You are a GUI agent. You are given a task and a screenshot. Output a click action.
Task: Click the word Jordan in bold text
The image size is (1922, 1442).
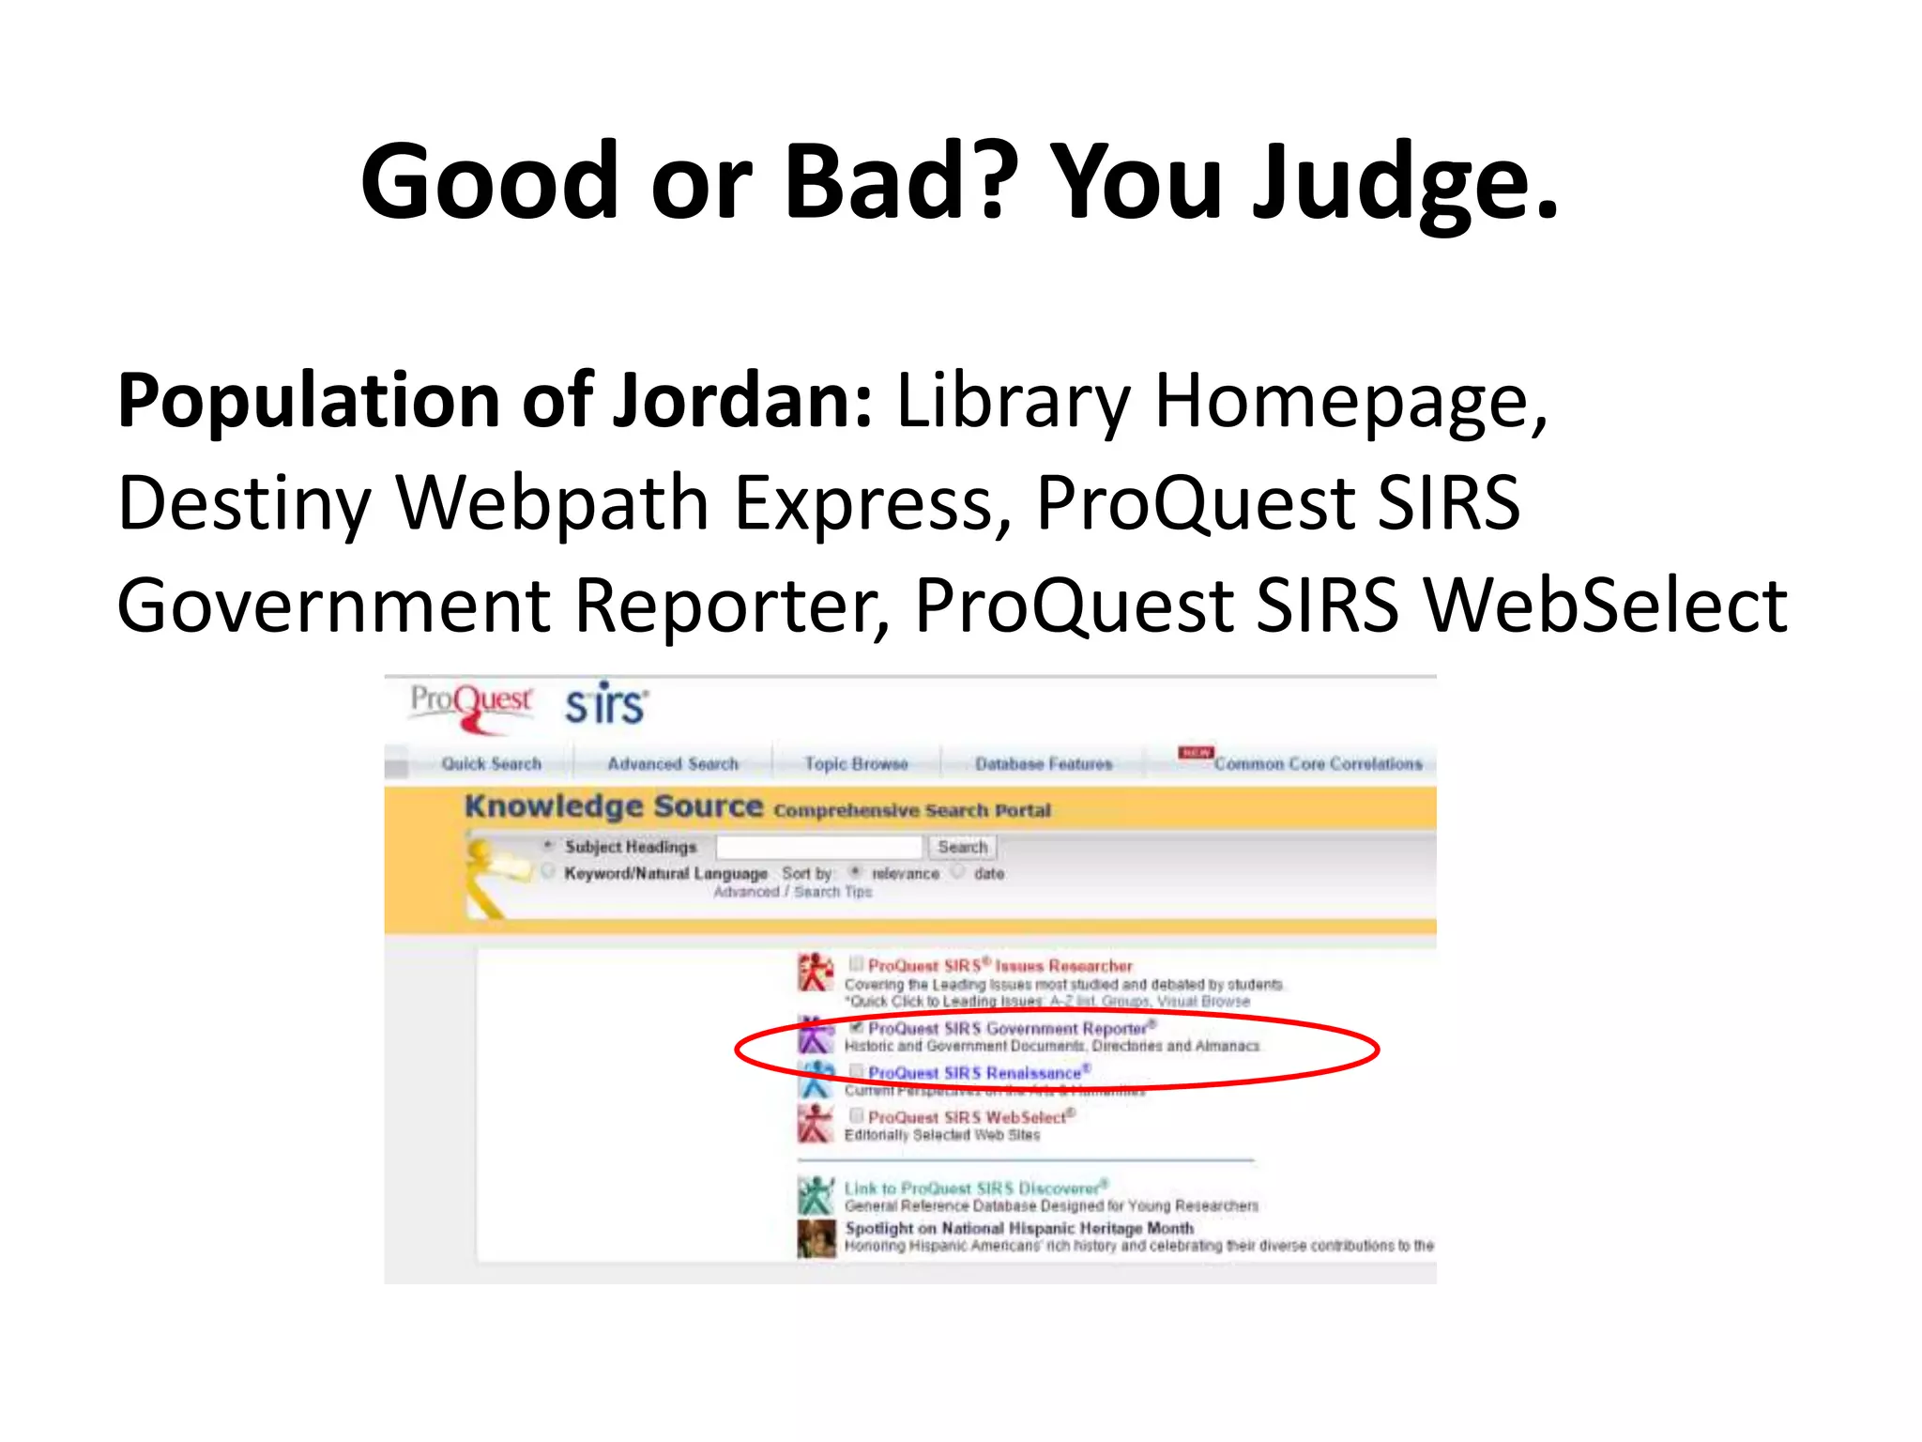click(742, 402)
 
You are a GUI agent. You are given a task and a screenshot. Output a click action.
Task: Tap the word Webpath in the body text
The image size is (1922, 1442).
click(551, 504)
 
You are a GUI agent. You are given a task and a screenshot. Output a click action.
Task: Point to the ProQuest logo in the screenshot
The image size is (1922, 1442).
click(472, 705)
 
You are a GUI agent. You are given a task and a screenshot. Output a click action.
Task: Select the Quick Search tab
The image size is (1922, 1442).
click(491, 764)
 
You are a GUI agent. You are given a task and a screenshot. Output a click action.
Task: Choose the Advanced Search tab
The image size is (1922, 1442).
click(673, 764)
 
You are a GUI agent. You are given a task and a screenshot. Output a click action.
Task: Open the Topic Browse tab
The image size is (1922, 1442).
click(856, 764)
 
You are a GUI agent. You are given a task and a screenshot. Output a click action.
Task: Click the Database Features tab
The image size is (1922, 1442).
click(1044, 764)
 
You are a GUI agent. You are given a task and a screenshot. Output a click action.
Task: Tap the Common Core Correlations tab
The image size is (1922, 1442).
click(1318, 764)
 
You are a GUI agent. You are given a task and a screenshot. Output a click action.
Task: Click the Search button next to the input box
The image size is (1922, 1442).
click(963, 847)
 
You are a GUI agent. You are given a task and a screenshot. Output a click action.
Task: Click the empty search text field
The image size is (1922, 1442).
click(818, 847)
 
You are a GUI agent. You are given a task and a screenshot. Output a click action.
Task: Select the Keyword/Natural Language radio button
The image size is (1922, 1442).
click(548, 872)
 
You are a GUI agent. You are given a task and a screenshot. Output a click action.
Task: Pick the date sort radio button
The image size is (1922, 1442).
click(958, 872)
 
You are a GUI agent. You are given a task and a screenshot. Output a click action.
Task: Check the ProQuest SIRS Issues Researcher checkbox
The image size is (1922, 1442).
click(856, 963)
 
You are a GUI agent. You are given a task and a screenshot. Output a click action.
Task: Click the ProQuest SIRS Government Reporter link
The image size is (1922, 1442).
click(1007, 1029)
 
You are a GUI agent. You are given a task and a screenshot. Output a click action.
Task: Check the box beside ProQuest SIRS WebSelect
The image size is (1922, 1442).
click(856, 1115)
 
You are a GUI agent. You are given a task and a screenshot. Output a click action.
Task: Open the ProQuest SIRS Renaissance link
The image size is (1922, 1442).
click(974, 1073)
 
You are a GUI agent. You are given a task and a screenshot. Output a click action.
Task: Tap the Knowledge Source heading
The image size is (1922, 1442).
click(614, 806)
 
